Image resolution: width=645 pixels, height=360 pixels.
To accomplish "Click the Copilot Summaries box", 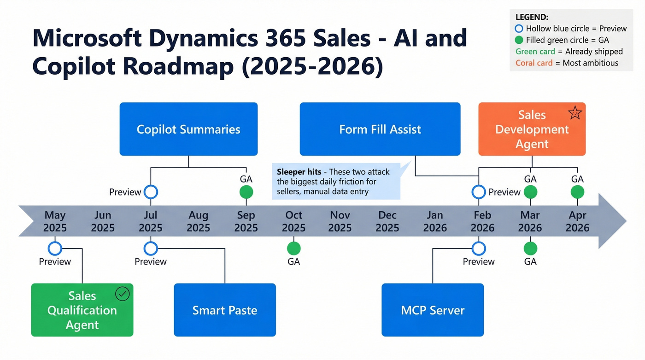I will tap(188, 129).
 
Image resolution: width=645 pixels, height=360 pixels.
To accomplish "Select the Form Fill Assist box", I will tap(380, 129).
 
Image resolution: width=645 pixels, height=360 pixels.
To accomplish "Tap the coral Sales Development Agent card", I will tap(532, 130).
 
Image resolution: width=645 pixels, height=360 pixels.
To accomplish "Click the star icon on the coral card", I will tap(575, 113).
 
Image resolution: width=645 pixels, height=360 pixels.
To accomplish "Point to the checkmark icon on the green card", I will tap(123, 294).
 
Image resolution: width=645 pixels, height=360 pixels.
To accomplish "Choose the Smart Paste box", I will tap(224, 310).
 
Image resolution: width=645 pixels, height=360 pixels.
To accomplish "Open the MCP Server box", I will tap(433, 310).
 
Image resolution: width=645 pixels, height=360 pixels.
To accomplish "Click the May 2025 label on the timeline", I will tap(55, 221).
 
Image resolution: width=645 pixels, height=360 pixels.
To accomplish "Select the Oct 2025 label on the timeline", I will tap(293, 221).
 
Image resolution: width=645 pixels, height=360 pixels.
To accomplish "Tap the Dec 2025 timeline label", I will tap(387, 221).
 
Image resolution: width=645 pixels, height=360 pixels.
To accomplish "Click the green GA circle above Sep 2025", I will tap(246, 192).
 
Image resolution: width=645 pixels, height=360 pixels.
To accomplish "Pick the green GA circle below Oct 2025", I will tap(293, 249).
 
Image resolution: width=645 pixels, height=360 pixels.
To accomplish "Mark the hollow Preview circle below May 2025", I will tap(55, 249).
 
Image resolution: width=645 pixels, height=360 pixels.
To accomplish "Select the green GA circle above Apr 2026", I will tap(577, 192).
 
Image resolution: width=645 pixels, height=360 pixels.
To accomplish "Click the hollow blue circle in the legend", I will tap(519, 29).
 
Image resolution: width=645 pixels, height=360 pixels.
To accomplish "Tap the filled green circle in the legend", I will tap(519, 40).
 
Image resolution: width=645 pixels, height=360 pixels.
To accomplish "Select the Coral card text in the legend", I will tap(534, 63).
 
